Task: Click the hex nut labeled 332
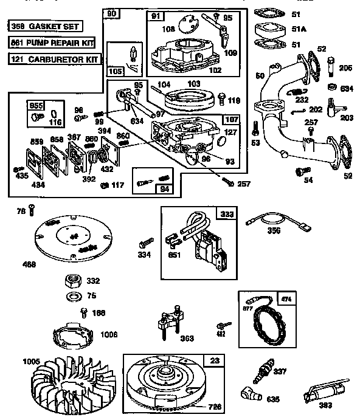[74, 281]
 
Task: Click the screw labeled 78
[31, 211]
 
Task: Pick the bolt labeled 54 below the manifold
[299, 173]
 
